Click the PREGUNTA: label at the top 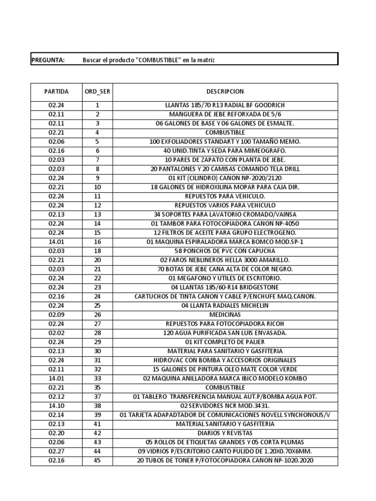tap(48, 60)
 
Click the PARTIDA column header tap(56, 91)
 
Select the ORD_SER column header tap(97, 91)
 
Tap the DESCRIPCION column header tap(225, 91)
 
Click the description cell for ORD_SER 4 tap(225, 133)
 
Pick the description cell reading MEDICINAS tap(225, 315)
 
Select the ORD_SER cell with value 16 tap(97, 242)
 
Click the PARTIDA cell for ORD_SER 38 tap(56, 406)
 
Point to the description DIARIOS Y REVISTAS tap(225, 433)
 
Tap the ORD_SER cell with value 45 tap(97, 460)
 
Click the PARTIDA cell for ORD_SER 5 tap(56, 141)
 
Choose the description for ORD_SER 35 tap(225, 387)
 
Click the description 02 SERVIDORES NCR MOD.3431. tap(225, 406)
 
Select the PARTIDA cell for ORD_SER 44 tap(56, 451)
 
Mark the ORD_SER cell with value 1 tap(97, 105)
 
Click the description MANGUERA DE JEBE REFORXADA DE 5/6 tap(225, 114)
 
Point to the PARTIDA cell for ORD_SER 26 tap(56, 315)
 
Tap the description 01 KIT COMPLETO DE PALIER tap(225, 342)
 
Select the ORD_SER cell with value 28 tap(97, 333)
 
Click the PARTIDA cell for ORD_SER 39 tap(56, 415)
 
